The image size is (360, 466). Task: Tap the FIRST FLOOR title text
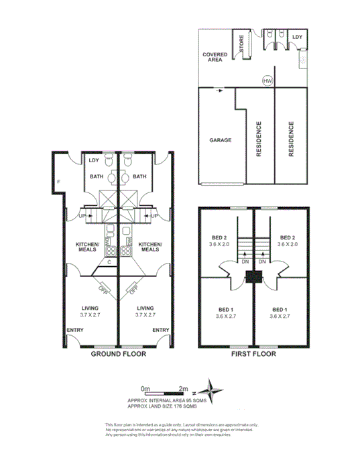[251, 353]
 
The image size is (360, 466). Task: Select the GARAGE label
[220, 140]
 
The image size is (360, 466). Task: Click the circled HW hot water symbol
[267, 81]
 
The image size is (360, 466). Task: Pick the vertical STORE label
[242, 44]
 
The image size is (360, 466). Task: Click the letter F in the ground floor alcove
[59, 182]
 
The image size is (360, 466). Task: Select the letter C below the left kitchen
[109, 263]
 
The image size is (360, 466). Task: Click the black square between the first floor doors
[254, 276]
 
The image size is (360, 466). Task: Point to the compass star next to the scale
[214, 390]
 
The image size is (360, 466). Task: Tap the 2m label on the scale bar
[184, 388]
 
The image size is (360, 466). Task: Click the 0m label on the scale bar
[145, 388]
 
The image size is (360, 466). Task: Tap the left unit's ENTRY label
[75, 330]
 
